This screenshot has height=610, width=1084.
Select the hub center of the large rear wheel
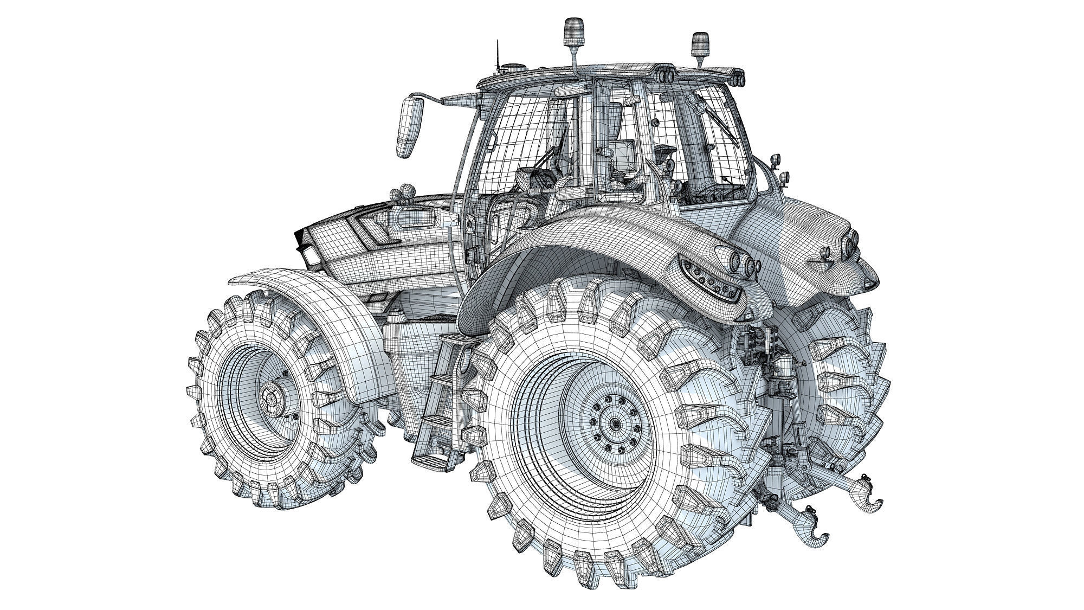pos(614,423)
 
